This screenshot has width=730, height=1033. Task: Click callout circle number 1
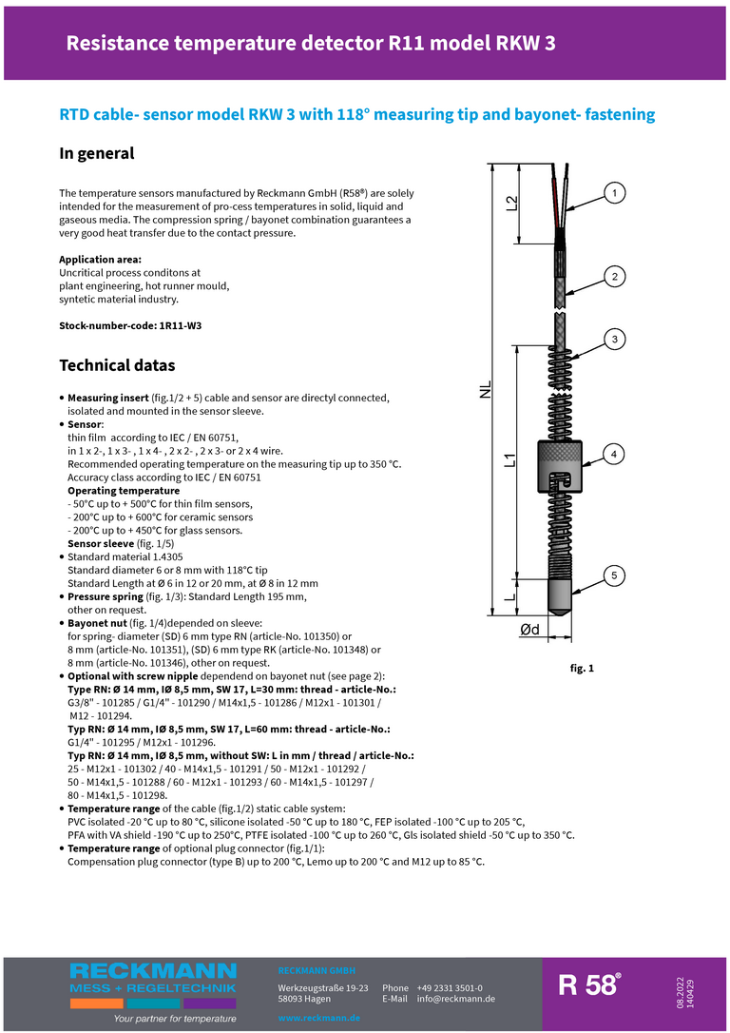point(615,194)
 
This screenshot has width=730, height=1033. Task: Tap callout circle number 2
point(615,277)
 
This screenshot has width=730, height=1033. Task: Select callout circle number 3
point(615,339)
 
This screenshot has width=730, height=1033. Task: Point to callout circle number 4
point(615,454)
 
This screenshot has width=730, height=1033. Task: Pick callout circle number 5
point(615,575)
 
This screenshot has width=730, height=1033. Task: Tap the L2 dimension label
point(511,203)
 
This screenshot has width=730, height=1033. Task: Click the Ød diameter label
point(529,629)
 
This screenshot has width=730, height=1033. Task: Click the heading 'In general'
point(97,153)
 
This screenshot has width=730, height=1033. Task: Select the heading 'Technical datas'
point(117,365)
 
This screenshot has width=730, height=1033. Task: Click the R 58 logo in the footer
point(589,985)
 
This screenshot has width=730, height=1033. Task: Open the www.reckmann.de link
point(318,1018)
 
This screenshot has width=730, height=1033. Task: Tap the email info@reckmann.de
point(456,999)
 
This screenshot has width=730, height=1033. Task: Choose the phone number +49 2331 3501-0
point(450,988)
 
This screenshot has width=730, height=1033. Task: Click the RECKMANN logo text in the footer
point(153,970)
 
